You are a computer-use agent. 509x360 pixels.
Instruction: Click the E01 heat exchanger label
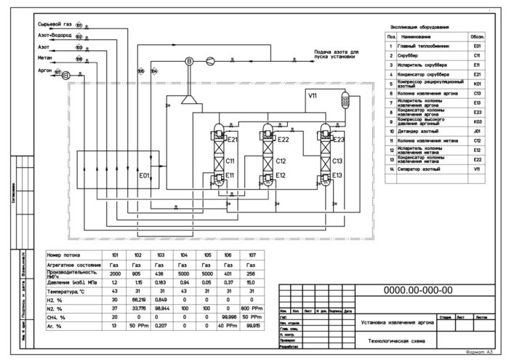click(144, 175)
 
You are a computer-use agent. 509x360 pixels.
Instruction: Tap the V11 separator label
click(313, 96)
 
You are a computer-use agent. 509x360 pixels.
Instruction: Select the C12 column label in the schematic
click(281, 160)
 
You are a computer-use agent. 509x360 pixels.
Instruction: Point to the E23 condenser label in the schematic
click(338, 140)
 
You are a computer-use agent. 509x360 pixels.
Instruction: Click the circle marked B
click(189, 61)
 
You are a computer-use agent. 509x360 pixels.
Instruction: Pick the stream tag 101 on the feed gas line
click(79, 25)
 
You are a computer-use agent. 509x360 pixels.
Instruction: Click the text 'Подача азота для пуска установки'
click(335, 55)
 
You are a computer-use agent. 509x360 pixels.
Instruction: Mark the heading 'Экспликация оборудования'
click(420, 26)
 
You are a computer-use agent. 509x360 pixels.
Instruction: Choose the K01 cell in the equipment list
click(478, 84)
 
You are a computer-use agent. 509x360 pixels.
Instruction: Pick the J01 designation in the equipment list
click(478, 131)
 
